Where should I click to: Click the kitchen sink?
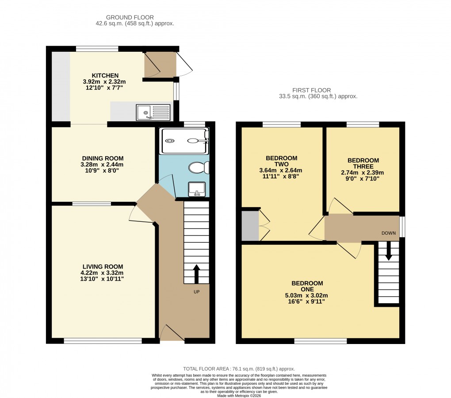(x=153, y=112)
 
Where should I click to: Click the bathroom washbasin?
(x=196, y=189)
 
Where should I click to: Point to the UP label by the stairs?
(x=196, y=292)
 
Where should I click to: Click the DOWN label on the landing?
(x=389, y=233)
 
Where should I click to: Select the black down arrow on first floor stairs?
(x=389, y=251)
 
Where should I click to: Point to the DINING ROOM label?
(x=103, y=158)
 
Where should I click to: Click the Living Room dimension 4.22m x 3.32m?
(x=103, y=273)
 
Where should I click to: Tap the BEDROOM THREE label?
(x=363, y=163)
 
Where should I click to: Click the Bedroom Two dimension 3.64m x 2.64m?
(x=281, y=170)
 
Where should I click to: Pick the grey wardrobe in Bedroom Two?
(x=250, y=226)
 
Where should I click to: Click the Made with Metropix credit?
(x=239, y=395)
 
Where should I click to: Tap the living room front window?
(x=103, y=341)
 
